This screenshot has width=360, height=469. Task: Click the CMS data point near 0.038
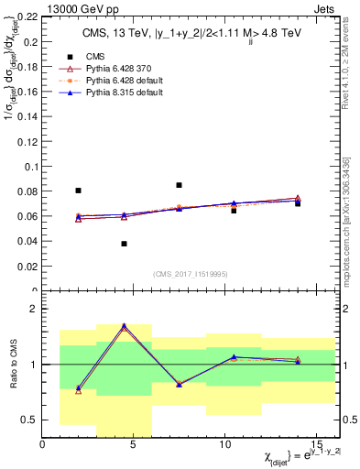click(x=124, y=244)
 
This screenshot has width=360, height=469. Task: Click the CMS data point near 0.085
click(x=179, y=185)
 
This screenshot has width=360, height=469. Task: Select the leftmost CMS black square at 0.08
click(x=78, y=191)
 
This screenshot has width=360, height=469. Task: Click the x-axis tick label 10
click(x=225, y=444)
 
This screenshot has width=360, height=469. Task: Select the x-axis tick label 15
click(x=316, y=444)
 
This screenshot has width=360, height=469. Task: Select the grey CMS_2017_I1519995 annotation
click(x=190, y=273)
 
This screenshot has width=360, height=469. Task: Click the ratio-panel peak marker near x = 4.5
click(x=124, y=325)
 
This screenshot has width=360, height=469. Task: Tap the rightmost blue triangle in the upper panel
click(x=298, y=200)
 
